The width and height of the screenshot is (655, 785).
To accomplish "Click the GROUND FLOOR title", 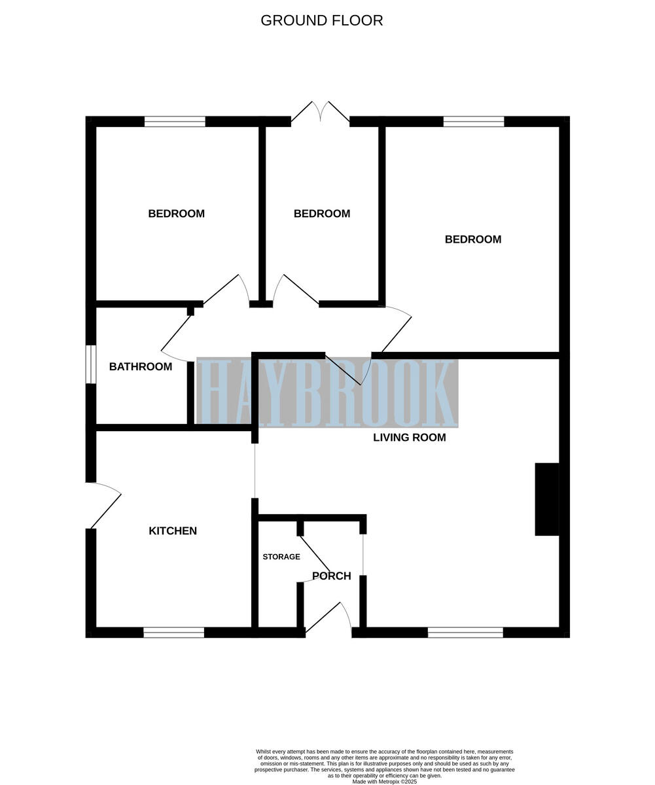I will tap(321, 20).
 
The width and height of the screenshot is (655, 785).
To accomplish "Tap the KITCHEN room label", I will tap(173, 531).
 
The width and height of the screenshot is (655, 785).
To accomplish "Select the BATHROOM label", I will tap(141, 366).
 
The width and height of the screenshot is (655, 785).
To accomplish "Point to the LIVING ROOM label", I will tap(409, 437).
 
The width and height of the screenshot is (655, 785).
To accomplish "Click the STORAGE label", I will tap(281, 557).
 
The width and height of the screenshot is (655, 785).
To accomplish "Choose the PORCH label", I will tap(332, 576).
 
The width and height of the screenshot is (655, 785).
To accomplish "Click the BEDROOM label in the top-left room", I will tap(176, 213).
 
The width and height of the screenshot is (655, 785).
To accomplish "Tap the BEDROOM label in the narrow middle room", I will tap(321, 213).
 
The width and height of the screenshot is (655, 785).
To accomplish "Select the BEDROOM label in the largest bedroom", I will tap(472, 239).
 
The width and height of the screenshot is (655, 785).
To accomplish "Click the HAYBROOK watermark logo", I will tap(327, 392).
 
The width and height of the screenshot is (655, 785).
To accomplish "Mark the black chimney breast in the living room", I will tap(547, 499).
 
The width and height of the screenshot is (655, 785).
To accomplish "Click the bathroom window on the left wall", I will tap(91, 364).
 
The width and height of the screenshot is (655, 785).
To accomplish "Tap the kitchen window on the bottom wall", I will tap(173, 632).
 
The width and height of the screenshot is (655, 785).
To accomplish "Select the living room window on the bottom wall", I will tap(465, 632).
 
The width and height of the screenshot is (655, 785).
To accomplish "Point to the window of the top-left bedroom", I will tap(175, 121).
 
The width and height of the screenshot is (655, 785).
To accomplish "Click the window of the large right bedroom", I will tap(474, 121).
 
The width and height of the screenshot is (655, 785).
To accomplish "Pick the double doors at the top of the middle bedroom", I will tap(320, 112).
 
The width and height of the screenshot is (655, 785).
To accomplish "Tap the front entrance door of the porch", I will tap(328, 618).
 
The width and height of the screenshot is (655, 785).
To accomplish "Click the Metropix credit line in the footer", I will tap(384, 781).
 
